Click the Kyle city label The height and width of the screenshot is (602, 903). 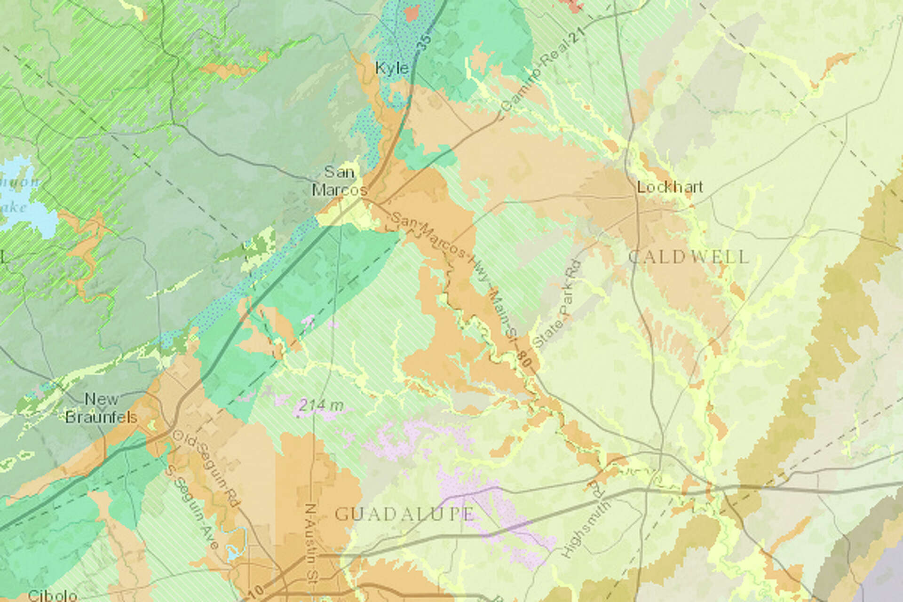pyautogui.click(x=392, y=68)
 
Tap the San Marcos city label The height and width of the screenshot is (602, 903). pyautogui.click(x=339, y=181)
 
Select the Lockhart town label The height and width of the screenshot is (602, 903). pyautogui.click(x=670, y=187)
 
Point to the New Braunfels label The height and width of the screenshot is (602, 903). pyautogui.click(x=101, y=408)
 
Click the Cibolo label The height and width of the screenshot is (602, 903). pyautogui.click(x=52, y=595)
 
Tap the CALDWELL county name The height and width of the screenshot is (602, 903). pyautogui.click(x=689, y=257)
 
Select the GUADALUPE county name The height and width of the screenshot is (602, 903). pyautogui.click(x=404, y=514)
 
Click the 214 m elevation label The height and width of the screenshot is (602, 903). pyautogui.click(x=320, y=404)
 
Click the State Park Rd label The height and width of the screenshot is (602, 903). pyautogui.click(x=558, y=305)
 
